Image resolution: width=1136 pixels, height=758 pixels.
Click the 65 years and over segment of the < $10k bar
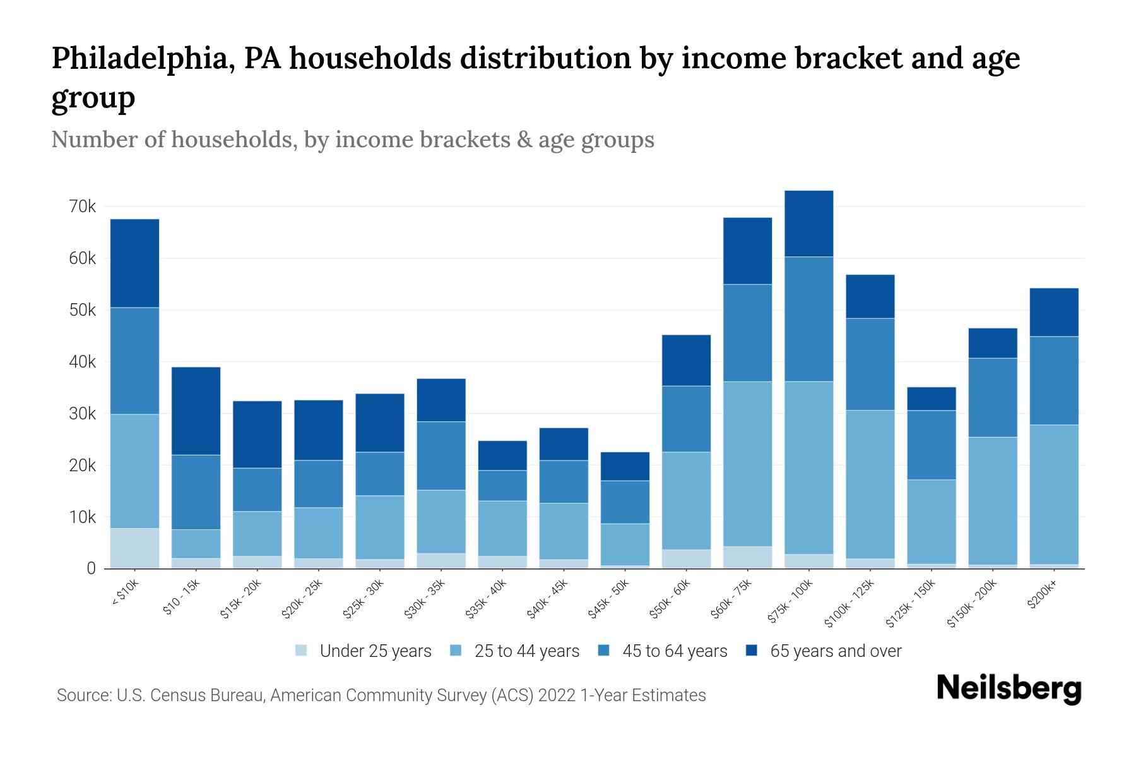134,263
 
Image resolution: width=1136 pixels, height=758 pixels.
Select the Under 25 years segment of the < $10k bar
134,548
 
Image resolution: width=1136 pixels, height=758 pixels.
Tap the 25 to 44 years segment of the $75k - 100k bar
808,467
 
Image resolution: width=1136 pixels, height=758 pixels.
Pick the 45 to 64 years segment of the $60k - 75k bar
747,333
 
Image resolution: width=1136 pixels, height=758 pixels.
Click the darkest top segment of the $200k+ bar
1053,312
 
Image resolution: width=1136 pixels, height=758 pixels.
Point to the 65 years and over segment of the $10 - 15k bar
196,411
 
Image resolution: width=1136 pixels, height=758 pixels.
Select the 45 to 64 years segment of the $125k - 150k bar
931,445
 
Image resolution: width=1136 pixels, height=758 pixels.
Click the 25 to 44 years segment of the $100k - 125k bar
870,484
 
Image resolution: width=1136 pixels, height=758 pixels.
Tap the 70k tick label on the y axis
83,207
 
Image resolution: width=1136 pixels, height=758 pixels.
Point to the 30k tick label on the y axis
83,414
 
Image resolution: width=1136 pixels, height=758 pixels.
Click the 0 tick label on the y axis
91,568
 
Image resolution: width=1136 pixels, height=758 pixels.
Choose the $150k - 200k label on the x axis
972,603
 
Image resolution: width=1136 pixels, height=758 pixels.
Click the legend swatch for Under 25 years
302,650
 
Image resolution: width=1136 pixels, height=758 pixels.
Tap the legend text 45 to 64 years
675,651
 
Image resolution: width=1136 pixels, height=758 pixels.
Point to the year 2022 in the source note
557,695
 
